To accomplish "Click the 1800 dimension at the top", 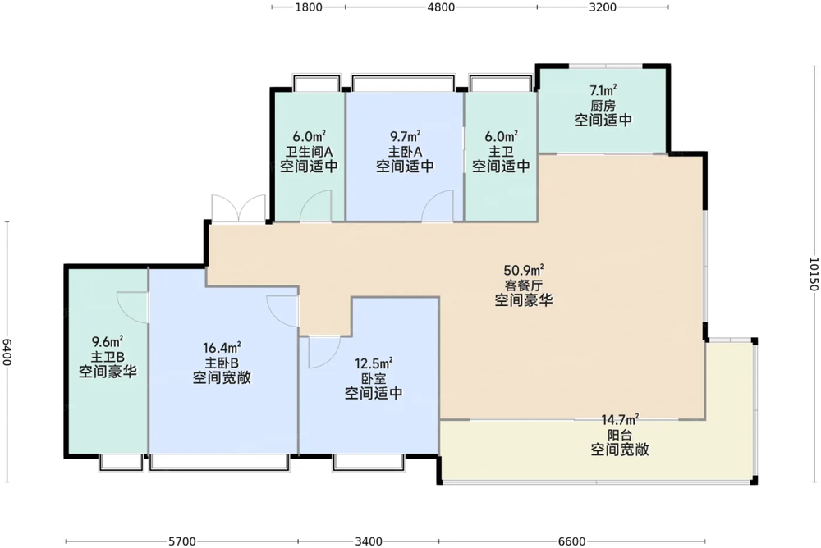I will pos(309,8).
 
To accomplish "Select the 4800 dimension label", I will pos(440,8).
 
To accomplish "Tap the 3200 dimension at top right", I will pos(603,8).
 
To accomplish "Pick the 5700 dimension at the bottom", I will pos(181,541).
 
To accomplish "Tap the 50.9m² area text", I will pos(523,271).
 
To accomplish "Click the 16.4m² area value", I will pos(222,348).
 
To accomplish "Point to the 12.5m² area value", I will pos(374,363).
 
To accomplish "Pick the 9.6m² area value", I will pos(108,341).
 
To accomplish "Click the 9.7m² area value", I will pos(405,136).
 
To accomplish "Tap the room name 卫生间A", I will pos(309,152).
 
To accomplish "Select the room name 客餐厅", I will pos(523,285).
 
